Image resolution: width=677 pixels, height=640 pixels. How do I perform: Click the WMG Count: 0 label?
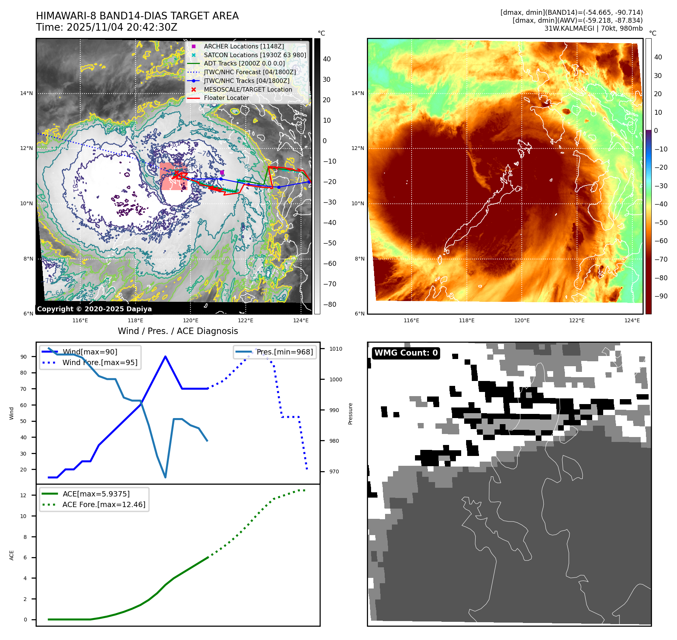click(x=406, y=353)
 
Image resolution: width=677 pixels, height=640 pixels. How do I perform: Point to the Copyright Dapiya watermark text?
click(x=94, y=309)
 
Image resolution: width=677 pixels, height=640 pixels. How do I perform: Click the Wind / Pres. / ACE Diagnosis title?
click(x=178, y=331)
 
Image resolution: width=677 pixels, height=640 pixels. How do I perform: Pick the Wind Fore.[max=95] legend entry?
click(x=100, y=362)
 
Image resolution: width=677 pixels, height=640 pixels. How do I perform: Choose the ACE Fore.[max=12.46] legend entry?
click(x=104, y=504)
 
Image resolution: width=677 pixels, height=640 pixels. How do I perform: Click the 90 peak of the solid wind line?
click(x=165, y=356)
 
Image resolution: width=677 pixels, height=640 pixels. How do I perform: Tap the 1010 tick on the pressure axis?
click(x=335, y=349)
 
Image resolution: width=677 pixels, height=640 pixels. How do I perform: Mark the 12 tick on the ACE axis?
click(x=23, y=495)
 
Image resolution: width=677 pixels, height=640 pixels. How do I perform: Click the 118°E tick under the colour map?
click(x=466, y=320)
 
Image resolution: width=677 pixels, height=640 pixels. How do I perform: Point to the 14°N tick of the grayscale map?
click(x=27, y=93)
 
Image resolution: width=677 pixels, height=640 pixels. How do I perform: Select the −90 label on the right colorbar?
click(x=661, y=296)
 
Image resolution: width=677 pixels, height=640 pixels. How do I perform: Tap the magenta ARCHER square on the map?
click(x=222, y=173)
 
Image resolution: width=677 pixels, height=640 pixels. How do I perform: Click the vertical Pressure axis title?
click(x=350, y=414)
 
